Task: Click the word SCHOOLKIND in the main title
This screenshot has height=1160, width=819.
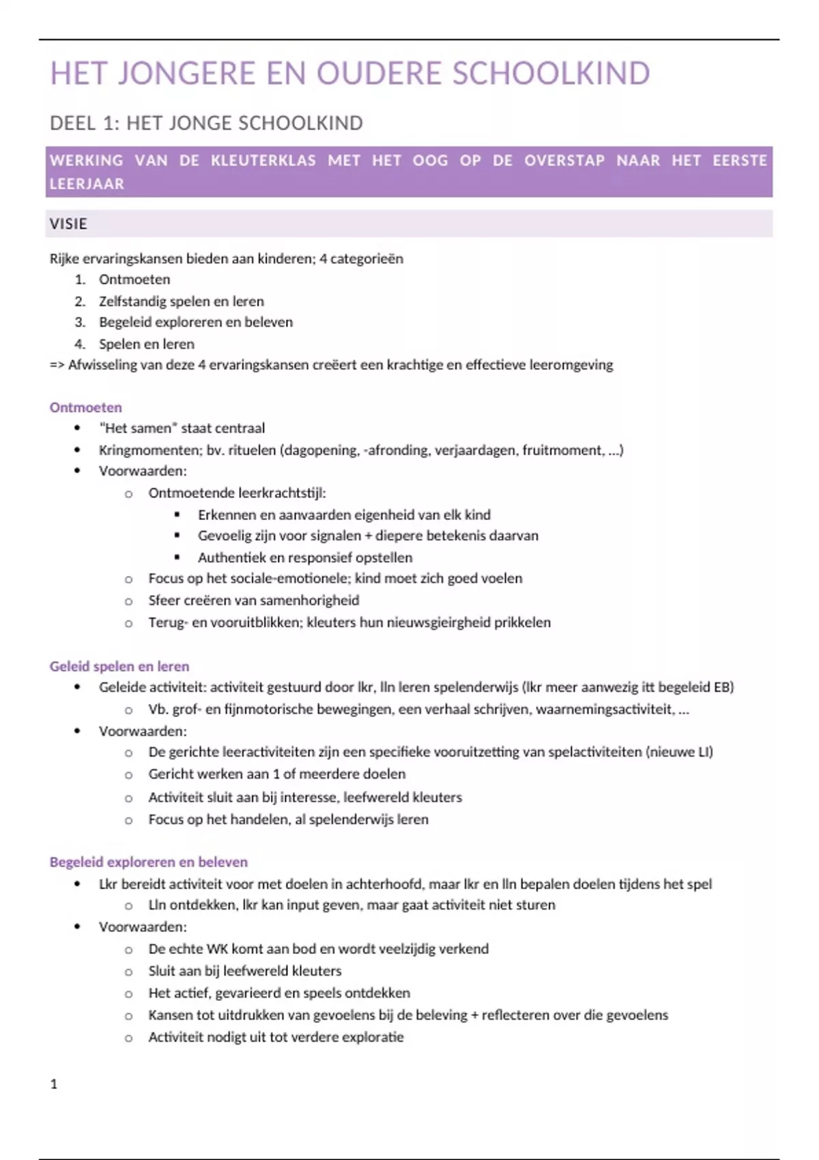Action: [551, 74]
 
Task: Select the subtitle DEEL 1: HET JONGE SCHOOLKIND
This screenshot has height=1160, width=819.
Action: [206, 124]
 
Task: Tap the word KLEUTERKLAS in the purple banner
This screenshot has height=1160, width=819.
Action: [263, 161]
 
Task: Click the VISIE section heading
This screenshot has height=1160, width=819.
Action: [68, 224]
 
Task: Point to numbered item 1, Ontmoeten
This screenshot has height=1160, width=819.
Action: [134, 280]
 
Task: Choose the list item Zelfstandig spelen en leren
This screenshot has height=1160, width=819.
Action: [181, 302]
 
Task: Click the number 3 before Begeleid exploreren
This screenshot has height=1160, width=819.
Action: [80, 323]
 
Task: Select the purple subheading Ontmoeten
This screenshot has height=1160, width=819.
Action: [85, 408]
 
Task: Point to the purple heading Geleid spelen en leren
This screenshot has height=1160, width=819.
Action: [119, 667]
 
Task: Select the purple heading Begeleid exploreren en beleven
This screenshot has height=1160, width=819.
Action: [148, 862]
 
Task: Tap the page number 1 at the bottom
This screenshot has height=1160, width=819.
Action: [54, 1084]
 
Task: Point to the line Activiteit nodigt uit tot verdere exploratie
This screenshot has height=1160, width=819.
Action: [276, 1037]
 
